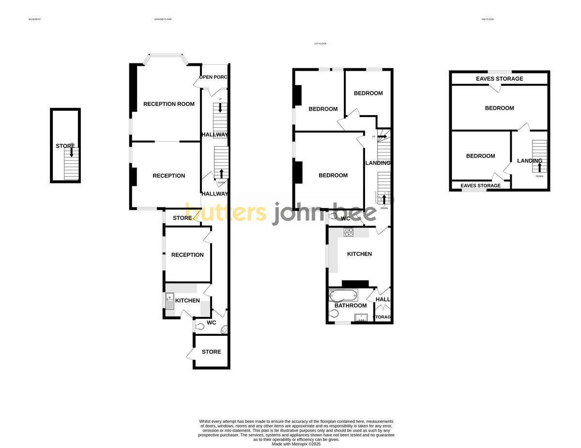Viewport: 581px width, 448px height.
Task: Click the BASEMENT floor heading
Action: click(34, 19)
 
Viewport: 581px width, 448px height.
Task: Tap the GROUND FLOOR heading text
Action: click(163, 19)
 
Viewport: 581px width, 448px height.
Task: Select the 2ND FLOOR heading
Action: click(487, 19)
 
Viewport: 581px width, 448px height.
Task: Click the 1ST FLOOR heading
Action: click(320, 44)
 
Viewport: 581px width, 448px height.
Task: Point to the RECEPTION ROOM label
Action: click(169, 104)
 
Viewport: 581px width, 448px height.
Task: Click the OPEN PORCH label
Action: click(214, 77)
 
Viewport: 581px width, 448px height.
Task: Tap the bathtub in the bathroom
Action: click(343, 295)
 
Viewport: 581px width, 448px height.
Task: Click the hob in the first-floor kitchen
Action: click(349, 232)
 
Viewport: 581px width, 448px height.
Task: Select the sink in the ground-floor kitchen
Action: click(170, 301)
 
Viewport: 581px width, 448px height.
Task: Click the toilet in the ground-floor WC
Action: click(199, 327)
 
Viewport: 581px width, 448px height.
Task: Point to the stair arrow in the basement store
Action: click(72, 152)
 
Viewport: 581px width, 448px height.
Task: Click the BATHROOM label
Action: click(351, 306)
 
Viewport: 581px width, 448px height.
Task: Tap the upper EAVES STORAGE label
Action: click(499, 79)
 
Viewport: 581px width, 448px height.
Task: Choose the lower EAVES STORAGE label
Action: click(480, 186)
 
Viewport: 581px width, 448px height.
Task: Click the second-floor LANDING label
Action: click(529, 161)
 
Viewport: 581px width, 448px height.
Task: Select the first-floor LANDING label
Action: click(378, 163)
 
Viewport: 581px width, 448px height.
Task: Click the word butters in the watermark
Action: click(226, 213)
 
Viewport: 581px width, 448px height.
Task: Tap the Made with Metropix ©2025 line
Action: click(296, 444)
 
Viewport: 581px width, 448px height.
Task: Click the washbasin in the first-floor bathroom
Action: click(361, 317)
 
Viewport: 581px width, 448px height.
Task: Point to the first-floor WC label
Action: click(346, 219)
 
